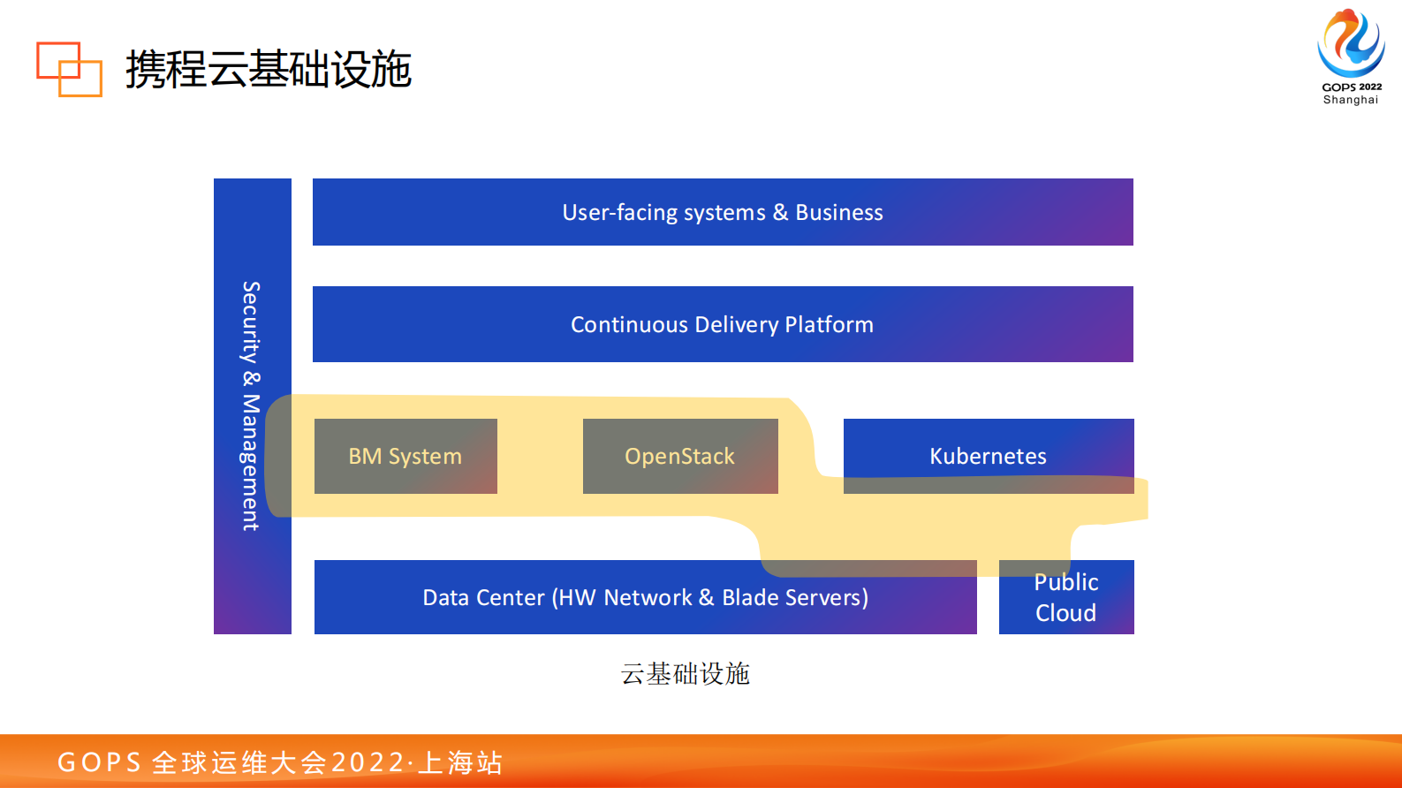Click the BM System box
click(405, 456)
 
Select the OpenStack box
click(680, 456)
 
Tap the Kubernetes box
click(988, 456)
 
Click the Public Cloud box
click(1066, 597)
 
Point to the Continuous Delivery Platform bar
click(722, 324)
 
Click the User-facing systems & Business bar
click(722, 212)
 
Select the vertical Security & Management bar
click(252, 406)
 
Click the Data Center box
click(645, 597)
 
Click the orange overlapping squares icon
click(69, 69)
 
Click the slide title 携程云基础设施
click(268, 69)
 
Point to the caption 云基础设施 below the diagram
click(685, 674)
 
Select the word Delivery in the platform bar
click(736, 324)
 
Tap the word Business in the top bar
click(838, 212)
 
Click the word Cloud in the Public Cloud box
click(1065, 613)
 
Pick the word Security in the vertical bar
click(252, 322)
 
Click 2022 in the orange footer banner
click(368, 762)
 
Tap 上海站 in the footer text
click(461, 762)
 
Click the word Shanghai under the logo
click(1350, 100)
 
